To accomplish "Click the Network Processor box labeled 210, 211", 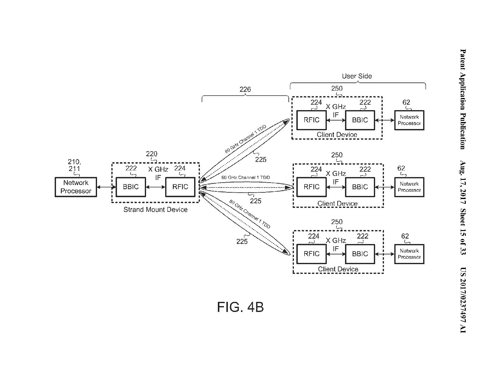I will (76, 187).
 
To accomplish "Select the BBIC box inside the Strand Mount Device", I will (131, 187).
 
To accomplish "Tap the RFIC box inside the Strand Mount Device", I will (180, 187).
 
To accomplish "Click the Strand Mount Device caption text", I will (155, 210).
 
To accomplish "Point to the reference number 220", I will (152, 154).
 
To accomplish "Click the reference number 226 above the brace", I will (245, 89).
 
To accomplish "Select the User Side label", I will (357, 76).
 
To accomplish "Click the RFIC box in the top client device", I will (312, 120).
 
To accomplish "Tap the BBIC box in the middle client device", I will (360, 187).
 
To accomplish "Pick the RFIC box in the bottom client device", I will (312, 254).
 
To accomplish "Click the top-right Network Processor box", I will (409, 120).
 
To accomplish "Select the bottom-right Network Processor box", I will (409, 254).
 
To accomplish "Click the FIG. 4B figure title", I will (240, 307).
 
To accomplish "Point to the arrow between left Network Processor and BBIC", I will (106, 187).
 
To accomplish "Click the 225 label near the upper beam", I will (261, 159).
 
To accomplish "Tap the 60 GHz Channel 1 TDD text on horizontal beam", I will (245, 177).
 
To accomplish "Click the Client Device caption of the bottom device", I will (338, 269).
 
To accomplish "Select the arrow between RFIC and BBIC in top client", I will (336, 120).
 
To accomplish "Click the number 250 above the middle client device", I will (337, 155).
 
